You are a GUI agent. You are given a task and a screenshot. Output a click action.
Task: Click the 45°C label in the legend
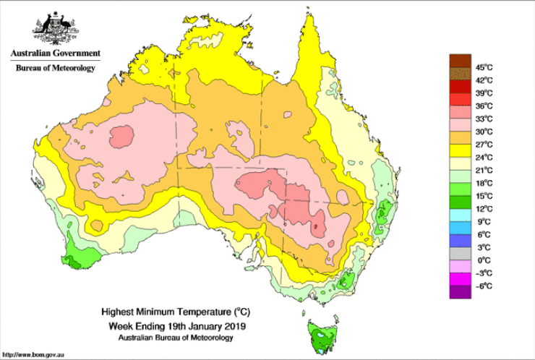(484, 67)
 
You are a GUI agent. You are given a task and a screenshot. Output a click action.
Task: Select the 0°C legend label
(484, 260)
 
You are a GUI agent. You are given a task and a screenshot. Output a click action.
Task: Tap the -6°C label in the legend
(484, 286)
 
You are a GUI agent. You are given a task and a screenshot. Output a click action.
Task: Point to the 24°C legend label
(484, 157)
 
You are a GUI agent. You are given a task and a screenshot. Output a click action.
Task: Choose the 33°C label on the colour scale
(484, 119)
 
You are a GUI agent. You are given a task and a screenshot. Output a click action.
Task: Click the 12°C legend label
(484, 209)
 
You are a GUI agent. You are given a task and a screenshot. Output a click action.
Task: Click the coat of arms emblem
(55, 30)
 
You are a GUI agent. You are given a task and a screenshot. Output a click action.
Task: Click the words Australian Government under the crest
(55, 53)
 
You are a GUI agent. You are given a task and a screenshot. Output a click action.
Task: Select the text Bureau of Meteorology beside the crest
(55, 68)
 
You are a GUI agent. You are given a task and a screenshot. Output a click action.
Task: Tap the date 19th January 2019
(204, 325)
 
